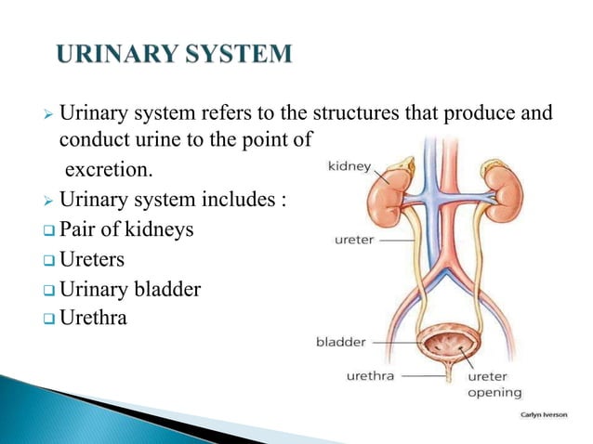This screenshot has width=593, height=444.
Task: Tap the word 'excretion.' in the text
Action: [106, 172]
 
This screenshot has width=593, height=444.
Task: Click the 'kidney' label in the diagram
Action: [349, 167]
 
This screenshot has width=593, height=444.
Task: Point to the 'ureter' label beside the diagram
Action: [355, 241]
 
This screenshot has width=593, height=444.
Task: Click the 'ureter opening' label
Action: [494, 385]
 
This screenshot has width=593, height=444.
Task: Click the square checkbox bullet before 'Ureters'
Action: [50, 259]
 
